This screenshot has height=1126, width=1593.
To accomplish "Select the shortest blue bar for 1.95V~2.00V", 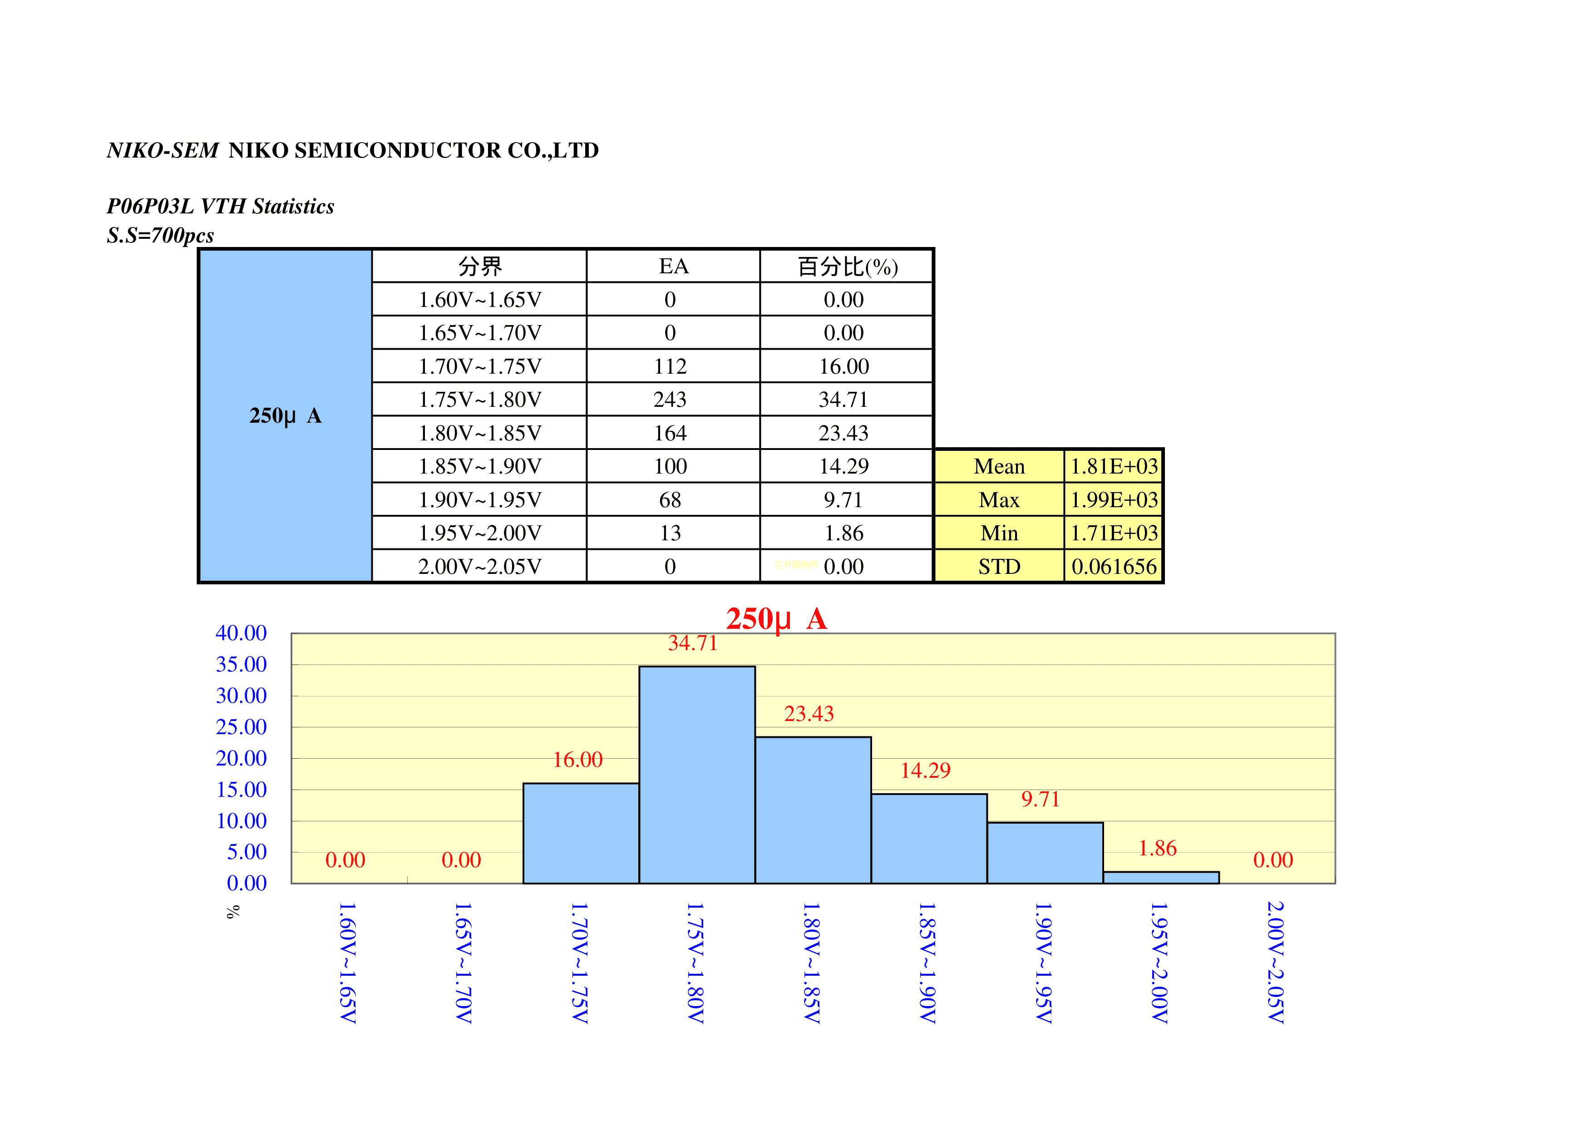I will pyautogui.click(x=1161, y=878).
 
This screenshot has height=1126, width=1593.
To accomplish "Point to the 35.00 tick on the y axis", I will pyautogui.click(x=241, y=665).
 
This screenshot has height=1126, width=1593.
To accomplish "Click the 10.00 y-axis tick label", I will pyautogui.click(x=241, y=821).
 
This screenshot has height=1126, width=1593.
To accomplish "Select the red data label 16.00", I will pyautogui.click(x=577, y=760).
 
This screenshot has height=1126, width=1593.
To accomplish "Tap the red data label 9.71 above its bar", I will pyautogui.click(x=1040, y=799).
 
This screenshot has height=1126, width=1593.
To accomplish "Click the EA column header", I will pyautogui.click(x=673, y=267).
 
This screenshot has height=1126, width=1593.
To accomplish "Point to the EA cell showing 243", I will pyautogui.click(x=670, y=400).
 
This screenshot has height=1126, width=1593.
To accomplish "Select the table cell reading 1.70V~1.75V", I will pyautogui.click(x=479, y=366).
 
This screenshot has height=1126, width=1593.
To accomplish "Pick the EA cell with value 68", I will pyautogui.click(x=670, y=499).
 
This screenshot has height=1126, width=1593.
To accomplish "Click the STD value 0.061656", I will pyautogui.click(x=1114, y=567).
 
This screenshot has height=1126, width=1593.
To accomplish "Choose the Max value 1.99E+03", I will pyautogui.click(x=1114, y=499).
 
